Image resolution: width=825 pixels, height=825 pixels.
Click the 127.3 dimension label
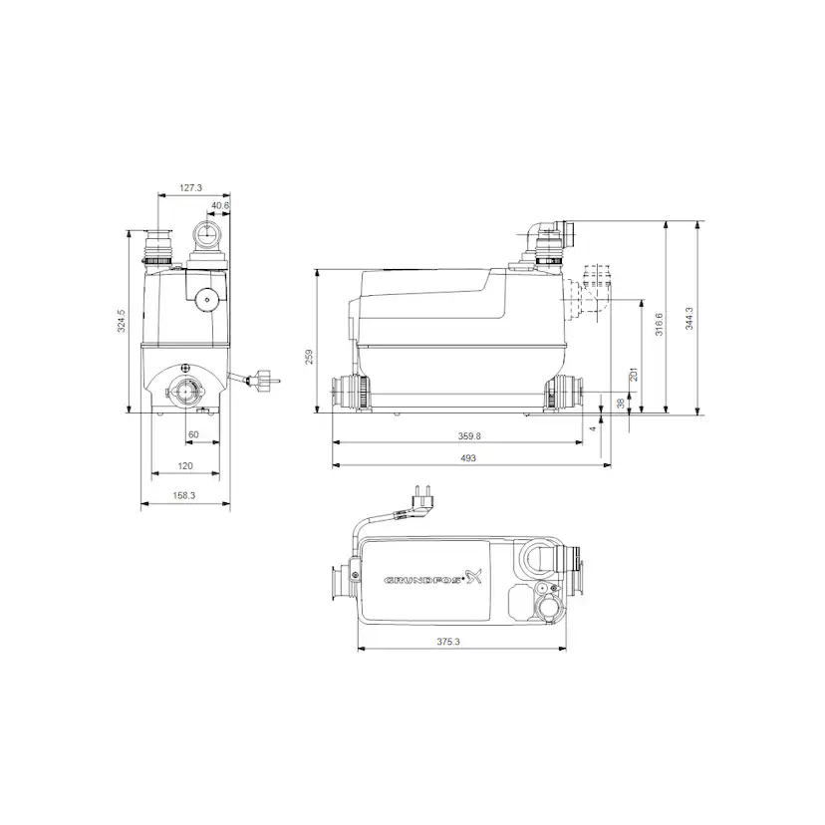(191, 186)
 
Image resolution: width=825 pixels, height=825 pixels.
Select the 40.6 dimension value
(219, 206)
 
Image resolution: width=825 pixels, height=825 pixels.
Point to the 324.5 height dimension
(122, 322)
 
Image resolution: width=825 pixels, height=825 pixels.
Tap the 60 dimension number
(193, 434)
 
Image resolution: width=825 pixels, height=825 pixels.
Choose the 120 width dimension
(185, 465)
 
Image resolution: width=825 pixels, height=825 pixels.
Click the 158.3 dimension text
(185, 494)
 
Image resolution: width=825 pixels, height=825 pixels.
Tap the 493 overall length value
(467, 457)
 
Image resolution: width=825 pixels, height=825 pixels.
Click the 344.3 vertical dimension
(688, 317)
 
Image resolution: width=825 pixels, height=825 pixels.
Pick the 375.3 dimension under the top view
(448, 642)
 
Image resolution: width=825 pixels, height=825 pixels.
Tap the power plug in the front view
(264, 380)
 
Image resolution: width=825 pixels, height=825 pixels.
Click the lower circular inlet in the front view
(185, 389)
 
